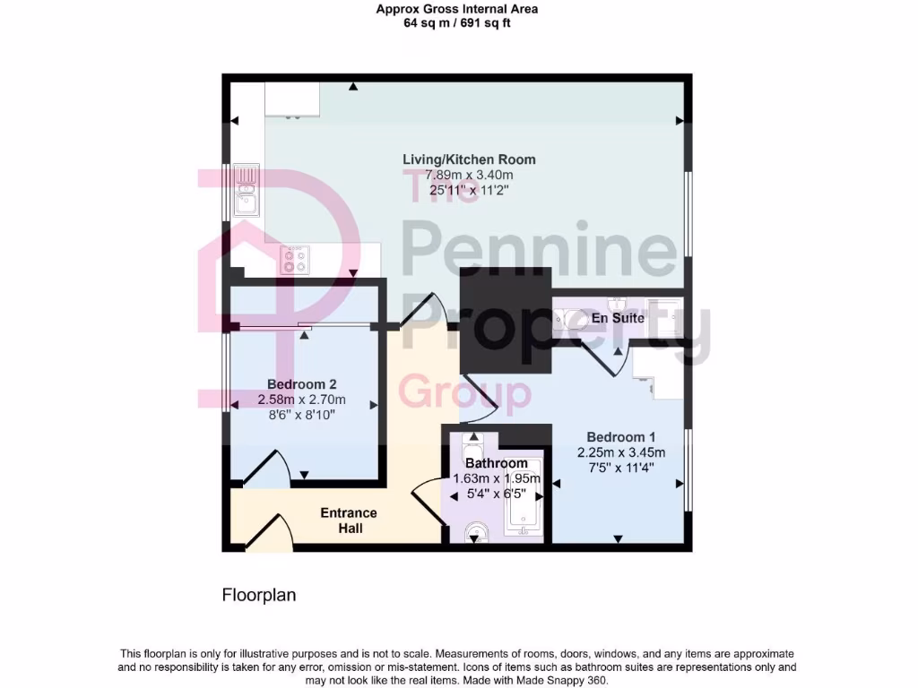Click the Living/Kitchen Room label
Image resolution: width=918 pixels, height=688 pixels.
[x=469, y=159]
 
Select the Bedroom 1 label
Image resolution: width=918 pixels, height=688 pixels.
[x=620, y=438]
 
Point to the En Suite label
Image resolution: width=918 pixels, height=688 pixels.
[x=618, y=318]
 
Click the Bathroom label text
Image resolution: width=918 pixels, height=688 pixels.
[x=496, y=463]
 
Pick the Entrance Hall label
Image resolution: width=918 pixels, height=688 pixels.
[x=349, y=520]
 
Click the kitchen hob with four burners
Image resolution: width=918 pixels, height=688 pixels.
[x=294, y=260]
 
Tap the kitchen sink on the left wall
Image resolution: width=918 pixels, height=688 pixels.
[x=246, y=193]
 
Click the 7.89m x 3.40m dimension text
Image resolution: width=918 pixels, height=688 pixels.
[x=469, y=175]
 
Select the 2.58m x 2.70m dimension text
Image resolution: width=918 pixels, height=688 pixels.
[x=300, y=400]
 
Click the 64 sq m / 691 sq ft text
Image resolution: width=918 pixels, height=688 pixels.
[x=457, y=23]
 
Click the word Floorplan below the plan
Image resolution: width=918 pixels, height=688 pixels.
[x=259, y=595]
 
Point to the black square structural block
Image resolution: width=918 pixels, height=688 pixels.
[x=505, y=320]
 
